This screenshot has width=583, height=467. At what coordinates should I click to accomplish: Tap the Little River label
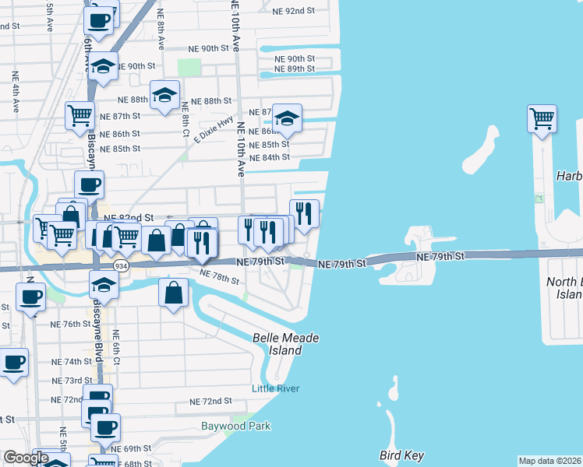coord(275,388)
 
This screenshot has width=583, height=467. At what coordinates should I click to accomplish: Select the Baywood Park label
coord(235,426)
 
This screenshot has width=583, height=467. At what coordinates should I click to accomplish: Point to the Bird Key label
coord(401,455)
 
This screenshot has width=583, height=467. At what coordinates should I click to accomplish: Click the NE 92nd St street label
coord(293,12)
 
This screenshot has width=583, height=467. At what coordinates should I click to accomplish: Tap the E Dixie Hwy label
coord(214,130)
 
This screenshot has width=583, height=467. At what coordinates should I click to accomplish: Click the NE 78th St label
coord(219,277)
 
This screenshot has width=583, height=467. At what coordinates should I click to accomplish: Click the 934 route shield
coord(121,265)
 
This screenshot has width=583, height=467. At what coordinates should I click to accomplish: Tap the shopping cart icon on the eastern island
coord(542,119)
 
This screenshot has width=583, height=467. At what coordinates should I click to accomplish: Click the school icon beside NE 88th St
coord(164,95)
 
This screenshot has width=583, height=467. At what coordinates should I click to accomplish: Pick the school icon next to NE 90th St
coord(102,67)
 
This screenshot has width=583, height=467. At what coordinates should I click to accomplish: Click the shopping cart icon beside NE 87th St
coord(79,116)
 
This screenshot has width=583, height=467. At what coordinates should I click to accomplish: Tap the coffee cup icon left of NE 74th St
coord(14,363)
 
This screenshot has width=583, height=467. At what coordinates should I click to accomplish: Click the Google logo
coord(26,458)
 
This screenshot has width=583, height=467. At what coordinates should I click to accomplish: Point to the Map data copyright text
coord(549,461)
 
